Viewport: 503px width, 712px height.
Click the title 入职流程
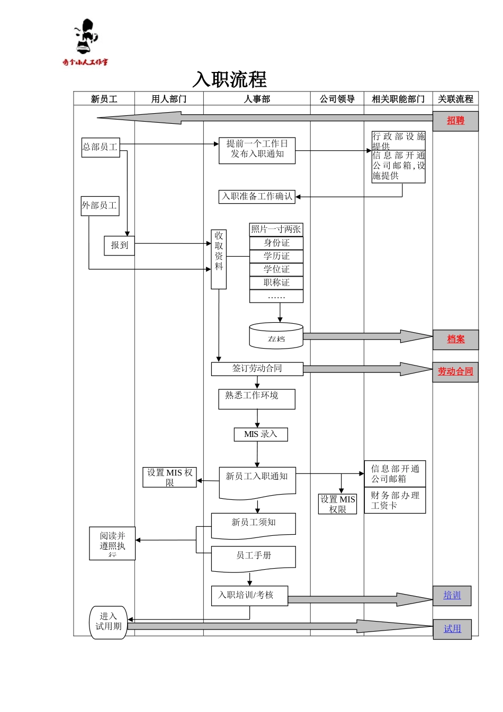point(230,80)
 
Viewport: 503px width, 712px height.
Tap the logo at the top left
point(85,42)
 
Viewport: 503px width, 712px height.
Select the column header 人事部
point(257,99)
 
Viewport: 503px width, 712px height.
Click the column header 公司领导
point(337,99)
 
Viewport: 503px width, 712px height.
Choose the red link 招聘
point(455,121)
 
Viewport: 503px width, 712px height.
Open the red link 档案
point(455,339)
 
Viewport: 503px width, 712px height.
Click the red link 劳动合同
point(455,371)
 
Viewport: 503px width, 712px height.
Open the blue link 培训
point(452,596)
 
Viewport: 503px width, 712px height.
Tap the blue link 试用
point(452,629)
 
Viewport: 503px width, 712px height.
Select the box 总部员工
point(101,147)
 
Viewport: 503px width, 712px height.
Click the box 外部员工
point(100,205)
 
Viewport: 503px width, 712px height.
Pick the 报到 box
point(119,245)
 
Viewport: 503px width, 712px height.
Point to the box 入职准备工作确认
point(257,197)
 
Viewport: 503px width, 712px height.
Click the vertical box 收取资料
point(219,259)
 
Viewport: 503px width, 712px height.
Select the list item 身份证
point(276,243)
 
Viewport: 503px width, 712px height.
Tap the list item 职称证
point(276,282)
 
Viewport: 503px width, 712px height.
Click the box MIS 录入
point(261,434)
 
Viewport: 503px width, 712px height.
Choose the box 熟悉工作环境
point(257,399)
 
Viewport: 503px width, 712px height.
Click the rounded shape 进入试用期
point(109,622)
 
